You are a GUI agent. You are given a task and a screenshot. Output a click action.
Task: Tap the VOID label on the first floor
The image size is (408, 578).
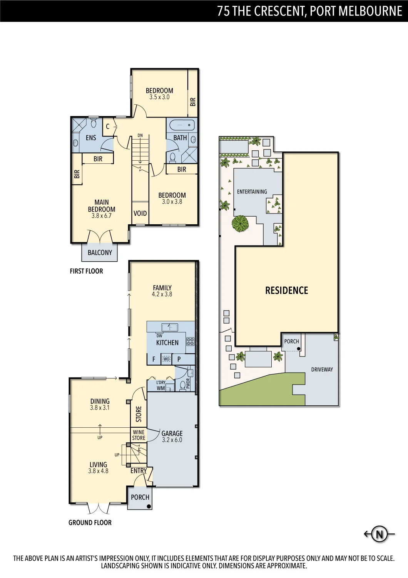click(140, 213)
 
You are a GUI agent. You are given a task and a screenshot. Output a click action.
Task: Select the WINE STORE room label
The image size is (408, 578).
click(139, 435)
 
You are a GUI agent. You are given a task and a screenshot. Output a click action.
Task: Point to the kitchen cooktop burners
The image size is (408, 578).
click(191, 341)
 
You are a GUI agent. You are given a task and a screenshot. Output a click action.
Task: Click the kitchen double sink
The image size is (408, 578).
click(170, 327)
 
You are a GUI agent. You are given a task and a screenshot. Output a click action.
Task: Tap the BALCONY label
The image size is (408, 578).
click(100, 252)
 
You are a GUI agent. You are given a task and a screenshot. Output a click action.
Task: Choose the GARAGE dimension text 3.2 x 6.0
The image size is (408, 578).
click(172, 440)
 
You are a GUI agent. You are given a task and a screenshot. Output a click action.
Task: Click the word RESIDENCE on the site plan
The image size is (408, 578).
click(287, 291)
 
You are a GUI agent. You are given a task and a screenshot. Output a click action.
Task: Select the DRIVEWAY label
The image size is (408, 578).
click(322, 369)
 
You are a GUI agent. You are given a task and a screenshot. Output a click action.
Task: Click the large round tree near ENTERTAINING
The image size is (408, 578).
click(240, 223)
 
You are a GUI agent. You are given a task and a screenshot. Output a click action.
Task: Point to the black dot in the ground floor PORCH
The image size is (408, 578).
click(149, 507)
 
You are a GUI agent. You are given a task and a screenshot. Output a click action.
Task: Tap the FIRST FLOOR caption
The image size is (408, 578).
click(86, 271)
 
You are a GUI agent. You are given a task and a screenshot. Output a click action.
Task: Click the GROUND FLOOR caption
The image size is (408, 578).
click(90, 523)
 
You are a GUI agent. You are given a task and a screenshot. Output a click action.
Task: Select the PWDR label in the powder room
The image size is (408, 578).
click(187, 384)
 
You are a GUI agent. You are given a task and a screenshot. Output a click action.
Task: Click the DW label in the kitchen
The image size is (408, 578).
click(159, 336)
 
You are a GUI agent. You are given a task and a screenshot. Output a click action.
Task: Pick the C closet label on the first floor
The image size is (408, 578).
click(108, 126)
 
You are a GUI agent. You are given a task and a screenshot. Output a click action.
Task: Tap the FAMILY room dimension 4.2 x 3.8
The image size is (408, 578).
click(162, 294)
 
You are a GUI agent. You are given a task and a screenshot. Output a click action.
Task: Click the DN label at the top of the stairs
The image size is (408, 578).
click(140, 135)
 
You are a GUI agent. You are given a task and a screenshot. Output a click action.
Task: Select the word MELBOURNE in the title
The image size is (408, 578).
click(370, 11)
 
